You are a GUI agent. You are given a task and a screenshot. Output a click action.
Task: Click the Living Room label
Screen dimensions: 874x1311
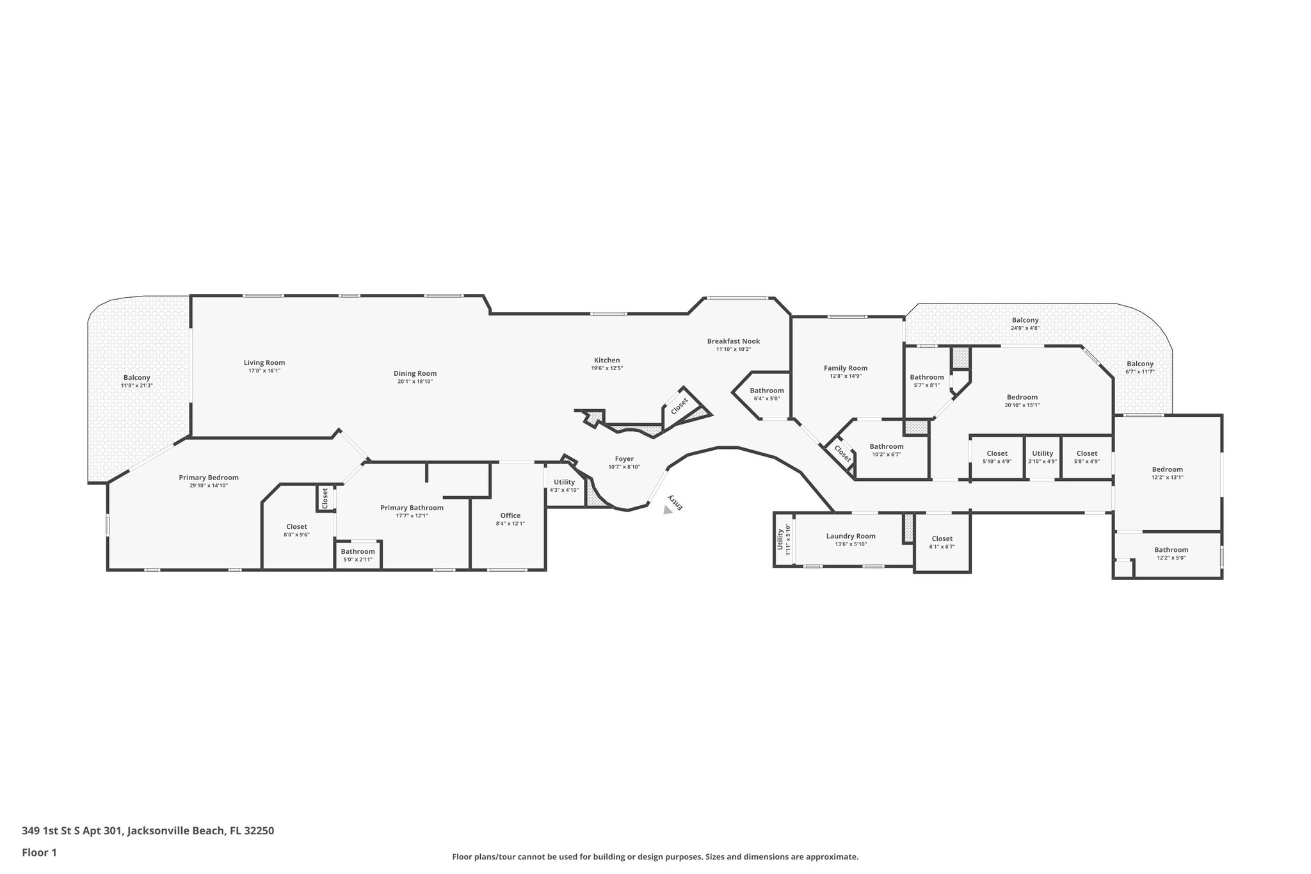coord(264,362)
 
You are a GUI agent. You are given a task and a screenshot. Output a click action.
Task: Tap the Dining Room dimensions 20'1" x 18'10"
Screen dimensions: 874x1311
coord(415,382)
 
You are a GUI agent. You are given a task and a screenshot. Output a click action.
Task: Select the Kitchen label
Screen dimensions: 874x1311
coord(606,360)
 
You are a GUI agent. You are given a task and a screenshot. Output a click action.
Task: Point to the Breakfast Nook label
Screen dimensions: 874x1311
coord(733,341)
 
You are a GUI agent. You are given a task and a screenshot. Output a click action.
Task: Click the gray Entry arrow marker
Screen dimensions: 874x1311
coord(667,510)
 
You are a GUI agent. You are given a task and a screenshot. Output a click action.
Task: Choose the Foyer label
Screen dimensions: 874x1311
coord(623,458)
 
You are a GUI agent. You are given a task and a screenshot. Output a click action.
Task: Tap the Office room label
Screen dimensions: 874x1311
coord(510,515)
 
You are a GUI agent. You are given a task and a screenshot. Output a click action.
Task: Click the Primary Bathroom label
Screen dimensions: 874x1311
coord(412,508)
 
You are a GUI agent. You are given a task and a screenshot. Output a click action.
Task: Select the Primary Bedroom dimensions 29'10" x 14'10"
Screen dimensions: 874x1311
coord(209,485)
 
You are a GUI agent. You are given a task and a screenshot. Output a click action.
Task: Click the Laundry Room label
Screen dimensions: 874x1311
coord(850,536)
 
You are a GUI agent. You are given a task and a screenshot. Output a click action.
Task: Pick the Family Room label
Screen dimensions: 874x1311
coord(845,368)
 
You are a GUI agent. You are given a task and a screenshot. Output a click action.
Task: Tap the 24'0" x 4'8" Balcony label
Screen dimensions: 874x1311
coord(1025,320)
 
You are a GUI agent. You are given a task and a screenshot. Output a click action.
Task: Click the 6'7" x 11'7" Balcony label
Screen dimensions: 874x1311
coord(1139,364)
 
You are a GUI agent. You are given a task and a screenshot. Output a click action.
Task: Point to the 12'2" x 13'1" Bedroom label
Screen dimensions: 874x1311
coord(1167,469)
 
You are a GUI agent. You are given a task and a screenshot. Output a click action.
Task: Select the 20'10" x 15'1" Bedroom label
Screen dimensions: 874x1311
coord(1022,397)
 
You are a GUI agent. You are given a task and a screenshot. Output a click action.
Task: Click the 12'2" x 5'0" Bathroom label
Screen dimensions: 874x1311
coord(1171,549)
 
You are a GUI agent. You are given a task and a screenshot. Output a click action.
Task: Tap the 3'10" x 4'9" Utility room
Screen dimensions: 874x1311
coord(1042,457)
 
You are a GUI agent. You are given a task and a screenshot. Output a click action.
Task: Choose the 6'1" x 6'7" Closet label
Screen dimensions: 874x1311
coord(942,538)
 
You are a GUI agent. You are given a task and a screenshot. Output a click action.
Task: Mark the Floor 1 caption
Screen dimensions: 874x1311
coord(40,852)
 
